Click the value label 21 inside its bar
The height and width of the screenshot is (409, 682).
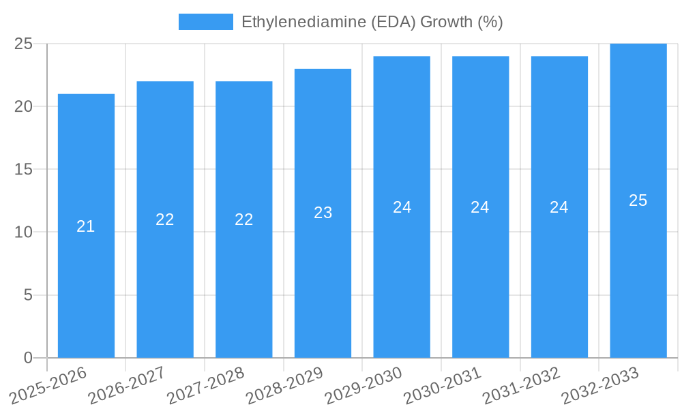[86, 226]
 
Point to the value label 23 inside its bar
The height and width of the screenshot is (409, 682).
[323, 213]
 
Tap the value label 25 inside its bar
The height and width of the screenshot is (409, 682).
[638, 200]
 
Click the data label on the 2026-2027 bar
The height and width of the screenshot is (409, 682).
[165, 219]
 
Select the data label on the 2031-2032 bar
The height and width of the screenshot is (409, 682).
[559, 207]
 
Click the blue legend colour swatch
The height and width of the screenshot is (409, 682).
[205, 22]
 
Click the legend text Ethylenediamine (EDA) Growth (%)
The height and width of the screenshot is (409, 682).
[372, 22]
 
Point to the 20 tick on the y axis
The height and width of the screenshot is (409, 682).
[23, 107]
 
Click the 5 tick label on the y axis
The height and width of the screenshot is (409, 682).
[28, 296]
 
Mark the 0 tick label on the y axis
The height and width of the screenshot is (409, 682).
[28, 358]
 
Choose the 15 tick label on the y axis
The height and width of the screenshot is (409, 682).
[23, 170]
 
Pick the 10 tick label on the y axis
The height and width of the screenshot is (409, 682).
[23, 232]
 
